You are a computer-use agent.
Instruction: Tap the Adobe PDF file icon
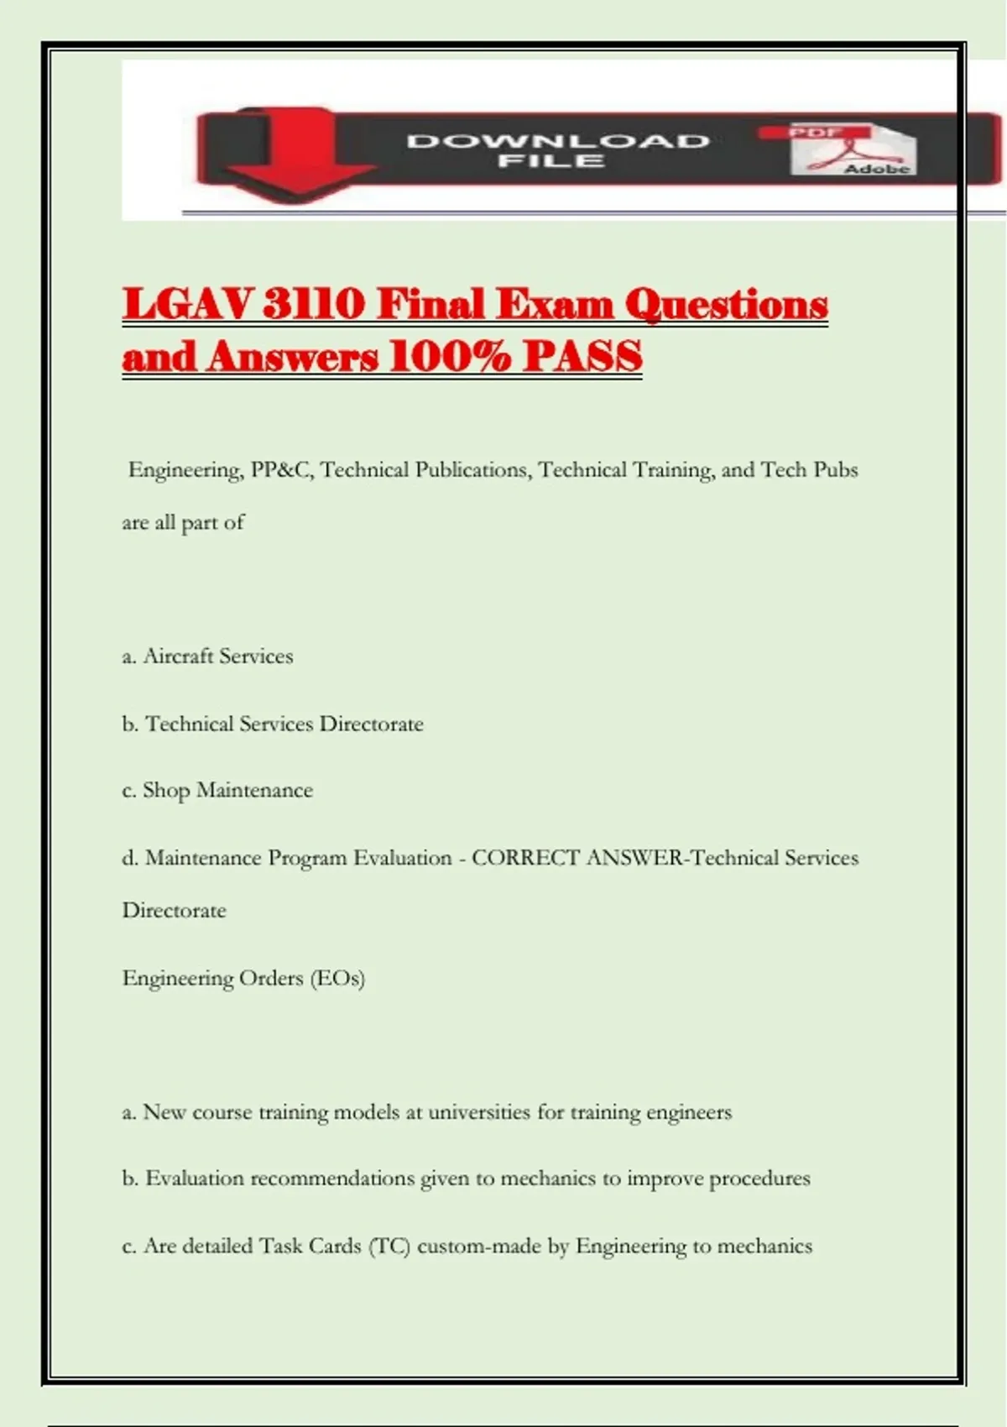852,149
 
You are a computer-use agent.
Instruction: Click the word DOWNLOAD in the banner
558,141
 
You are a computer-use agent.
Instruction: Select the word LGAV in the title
186,304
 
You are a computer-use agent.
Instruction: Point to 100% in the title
451,357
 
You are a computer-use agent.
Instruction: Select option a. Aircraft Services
208,656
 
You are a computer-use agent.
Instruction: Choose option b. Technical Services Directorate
273,724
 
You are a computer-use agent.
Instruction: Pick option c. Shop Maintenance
217,791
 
